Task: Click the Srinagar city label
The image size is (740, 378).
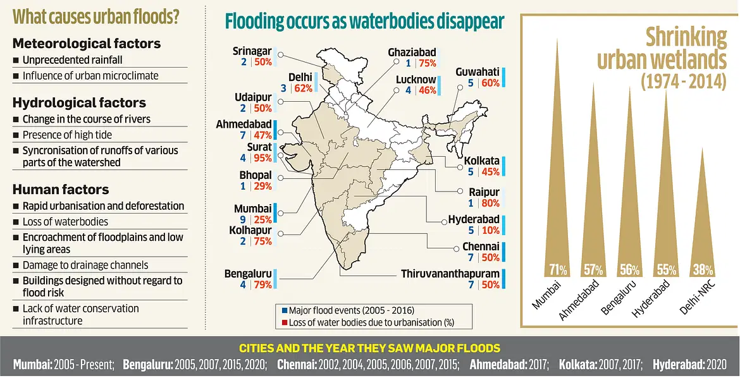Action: [252, 51]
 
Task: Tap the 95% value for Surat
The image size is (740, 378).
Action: [262, 158]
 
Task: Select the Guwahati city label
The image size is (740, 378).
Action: [478, 72]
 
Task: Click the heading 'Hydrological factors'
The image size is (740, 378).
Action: [79, 102]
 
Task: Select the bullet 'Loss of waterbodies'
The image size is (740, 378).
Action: [65, 222]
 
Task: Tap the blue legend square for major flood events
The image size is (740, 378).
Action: [284, 311]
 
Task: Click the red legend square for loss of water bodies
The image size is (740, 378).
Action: [284, 322]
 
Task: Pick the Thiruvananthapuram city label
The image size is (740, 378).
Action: [450, 274]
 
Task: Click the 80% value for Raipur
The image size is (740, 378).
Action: [490, 203]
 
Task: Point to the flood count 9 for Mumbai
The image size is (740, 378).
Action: [243, 219]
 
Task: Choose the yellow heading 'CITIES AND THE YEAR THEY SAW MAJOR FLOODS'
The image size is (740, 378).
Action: [369, 348]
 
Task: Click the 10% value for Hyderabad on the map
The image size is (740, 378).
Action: [490, 230]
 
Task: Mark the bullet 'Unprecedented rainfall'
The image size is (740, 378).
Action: [72, 60]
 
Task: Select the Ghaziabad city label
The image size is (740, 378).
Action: [412, 52]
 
